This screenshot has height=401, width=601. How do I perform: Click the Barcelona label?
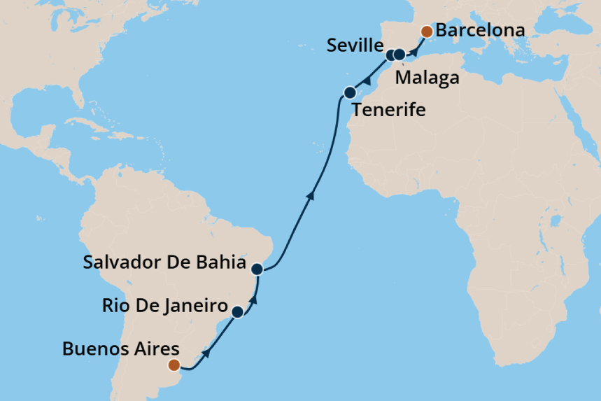[x=479, y=31]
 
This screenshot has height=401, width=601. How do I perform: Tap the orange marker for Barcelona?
[x=426, y=31]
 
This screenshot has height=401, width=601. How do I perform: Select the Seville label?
[x=354, y=46]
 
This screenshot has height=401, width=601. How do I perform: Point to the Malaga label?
[x=427, y=77]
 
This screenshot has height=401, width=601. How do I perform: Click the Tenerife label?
[x=388, y=111]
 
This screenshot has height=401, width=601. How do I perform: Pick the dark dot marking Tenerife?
[x=350, y=92]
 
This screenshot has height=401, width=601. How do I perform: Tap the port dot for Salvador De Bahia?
[x=257, y=268]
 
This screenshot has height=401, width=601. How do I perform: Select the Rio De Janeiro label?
[x=164, y=306]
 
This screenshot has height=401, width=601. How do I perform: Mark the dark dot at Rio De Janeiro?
[x=238, y=312]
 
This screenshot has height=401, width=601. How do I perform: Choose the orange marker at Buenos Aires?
[x=174, y=365]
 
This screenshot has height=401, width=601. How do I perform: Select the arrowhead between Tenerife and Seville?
[x=367, y=80]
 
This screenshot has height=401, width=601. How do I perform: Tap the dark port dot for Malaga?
[x=399, y=54]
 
